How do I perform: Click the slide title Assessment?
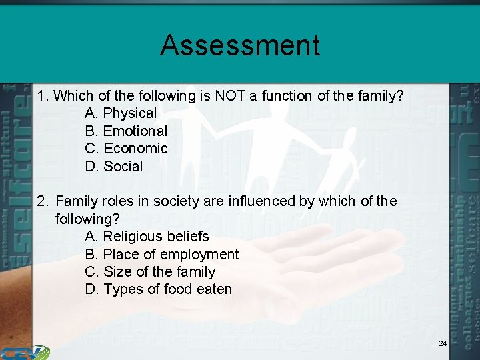point(240,45)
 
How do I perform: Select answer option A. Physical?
point(121,113)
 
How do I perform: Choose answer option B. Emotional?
point(126,131)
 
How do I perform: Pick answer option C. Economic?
point(126,149)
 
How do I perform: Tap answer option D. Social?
point(114,167)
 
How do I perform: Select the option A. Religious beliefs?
point(147,237)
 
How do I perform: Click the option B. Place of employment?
point(162,255)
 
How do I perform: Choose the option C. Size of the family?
point(150,272)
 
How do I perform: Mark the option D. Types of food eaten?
point(159,289)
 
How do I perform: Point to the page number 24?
point(443,343)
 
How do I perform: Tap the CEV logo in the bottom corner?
point(24,352)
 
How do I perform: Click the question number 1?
point(42,96)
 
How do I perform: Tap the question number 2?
point(42,201)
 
